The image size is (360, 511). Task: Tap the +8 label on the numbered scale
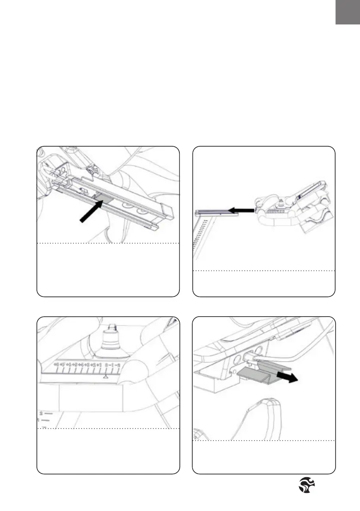(56, 365)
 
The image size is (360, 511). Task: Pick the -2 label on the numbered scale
(118, 365)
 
